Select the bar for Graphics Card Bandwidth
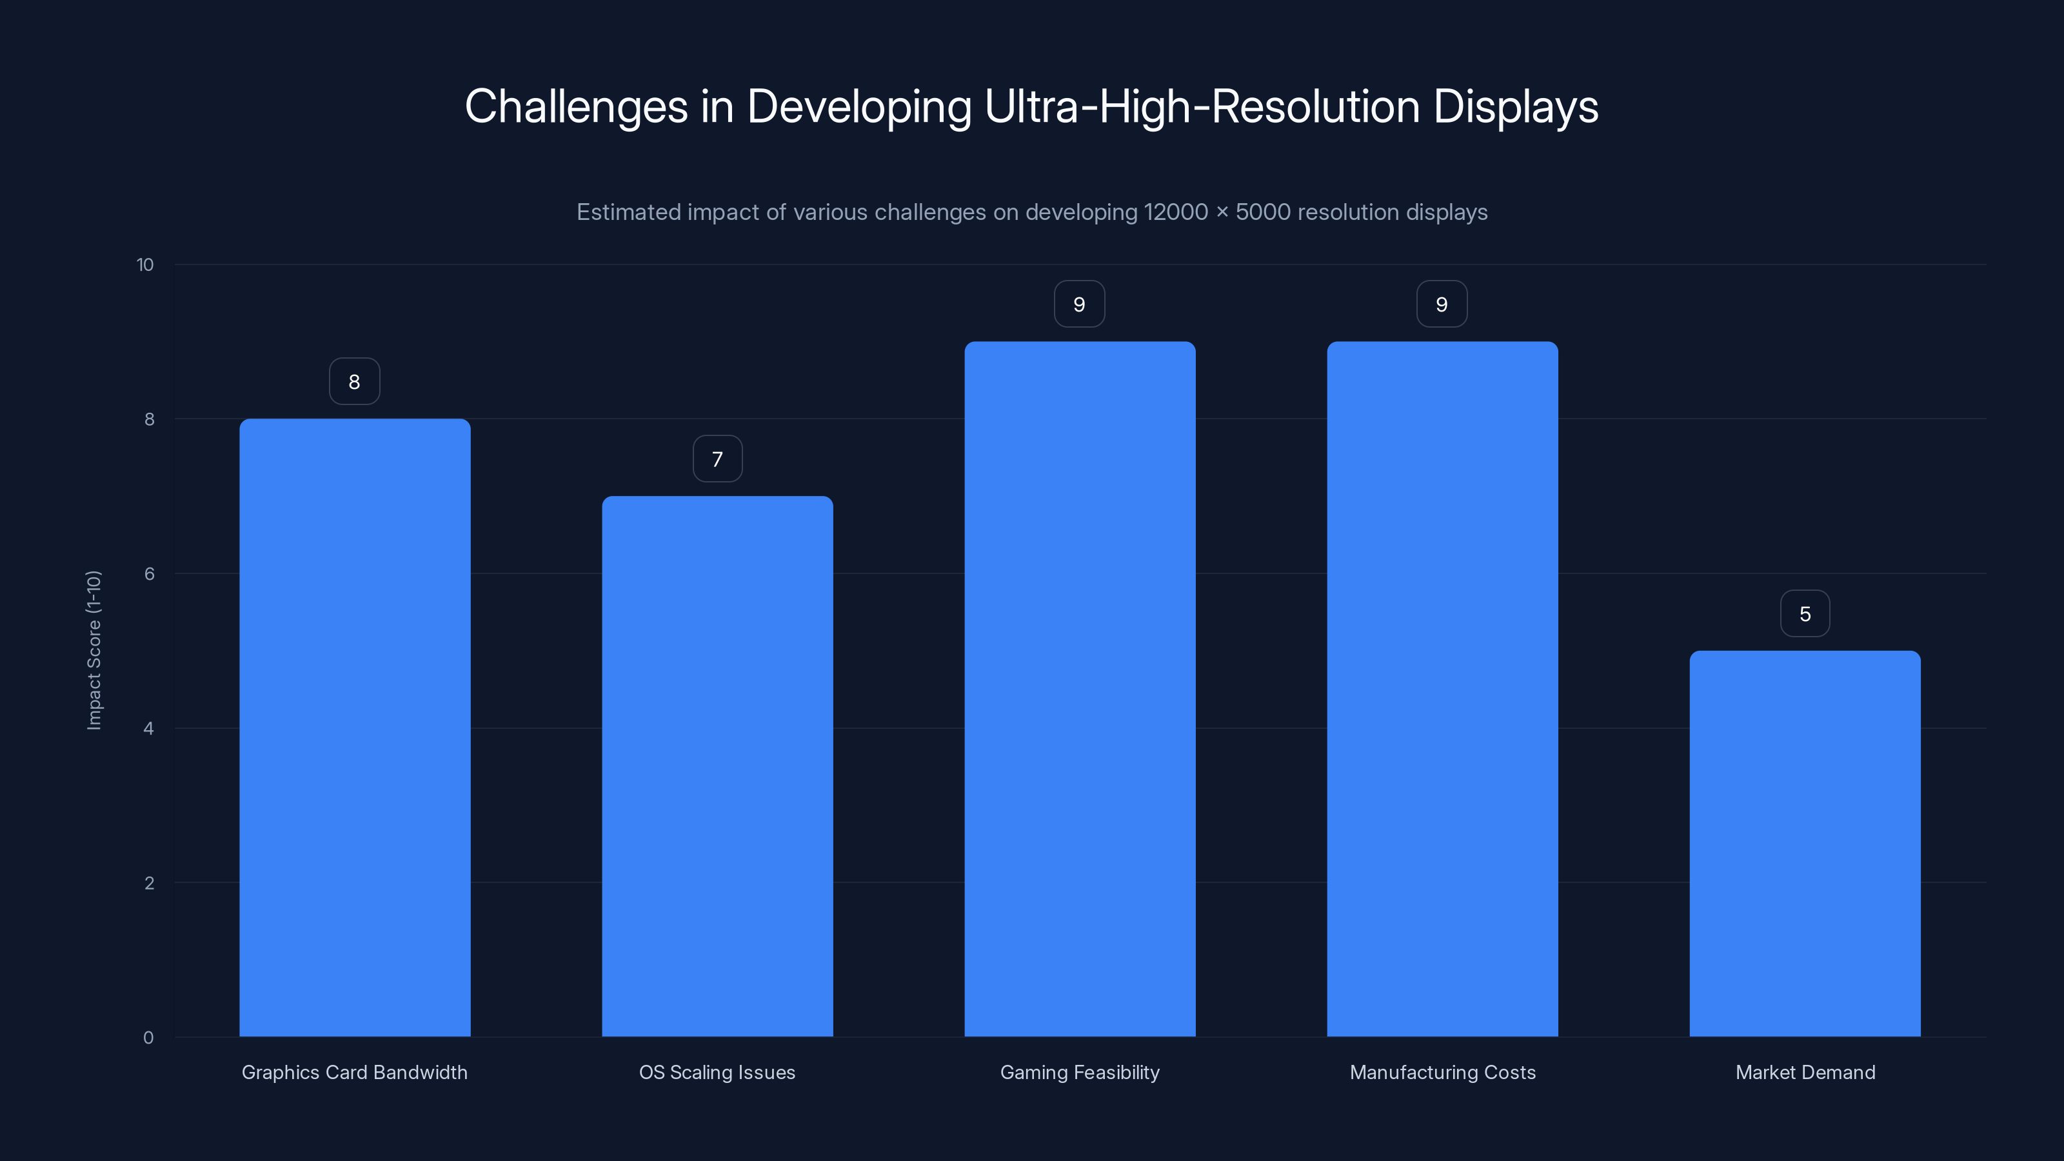(x=354, y=728)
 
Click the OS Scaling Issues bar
(x=717, y=766)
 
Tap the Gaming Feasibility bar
(x=1079, y=689)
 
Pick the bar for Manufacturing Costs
(x=1442, y=689)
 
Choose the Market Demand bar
(x=1805, y=843)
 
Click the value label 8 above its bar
(x=354, y=381)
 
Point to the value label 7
(x=717, y=459)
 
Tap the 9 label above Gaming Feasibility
(x=1079, y=304)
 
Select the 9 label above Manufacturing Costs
(x=1442, y=304)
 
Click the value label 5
(x=1805, y=614)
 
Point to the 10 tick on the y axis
(x=145, y=265)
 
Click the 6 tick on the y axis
(x=149, y=573)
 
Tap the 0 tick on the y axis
(x=148, y=1038)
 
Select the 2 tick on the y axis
(x=149, y=883)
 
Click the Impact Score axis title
(x=94, y=650)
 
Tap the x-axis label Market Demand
(x=1805, y=1072)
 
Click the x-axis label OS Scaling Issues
(x=717, y=1072)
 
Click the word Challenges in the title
(x=576, y=106)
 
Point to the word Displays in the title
(x=1515, y=106)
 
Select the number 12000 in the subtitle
(x=1175, y=212)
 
